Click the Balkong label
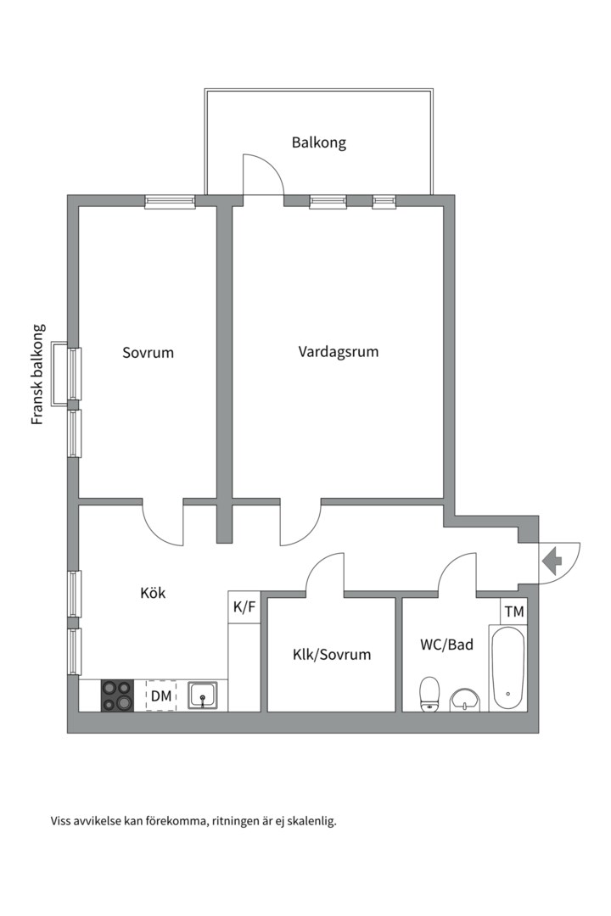(319, 142)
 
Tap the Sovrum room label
(148, 352)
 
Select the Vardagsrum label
(338, 351)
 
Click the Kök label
(153, 593)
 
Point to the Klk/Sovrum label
(332, 655)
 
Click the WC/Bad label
(446, 645)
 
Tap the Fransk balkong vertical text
(37, 374)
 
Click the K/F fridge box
(244, 607)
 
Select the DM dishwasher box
(161, 696)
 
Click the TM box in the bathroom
(513, 612)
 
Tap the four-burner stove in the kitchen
(117, 695)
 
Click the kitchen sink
(204, 695)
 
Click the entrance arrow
(552, 561)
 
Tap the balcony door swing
(263, 175)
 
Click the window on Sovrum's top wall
(170, 202)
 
